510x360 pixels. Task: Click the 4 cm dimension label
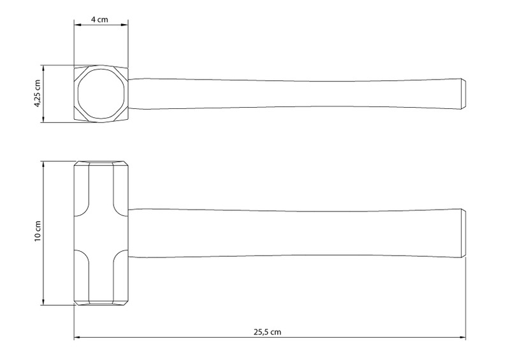point(99,20)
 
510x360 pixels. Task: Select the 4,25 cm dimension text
point(38,94)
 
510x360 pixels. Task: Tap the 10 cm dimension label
point(38,231)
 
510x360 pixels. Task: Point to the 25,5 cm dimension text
point(267,332)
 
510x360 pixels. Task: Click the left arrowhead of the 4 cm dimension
point(77,25)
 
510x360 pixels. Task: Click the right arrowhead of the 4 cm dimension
point(124,25)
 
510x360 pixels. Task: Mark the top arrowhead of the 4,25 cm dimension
point(43,69)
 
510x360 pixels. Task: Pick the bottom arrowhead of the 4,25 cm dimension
point(43,119)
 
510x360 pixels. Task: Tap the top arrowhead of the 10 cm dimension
point(43,165)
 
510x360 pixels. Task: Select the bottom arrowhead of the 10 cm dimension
point(43,301)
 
